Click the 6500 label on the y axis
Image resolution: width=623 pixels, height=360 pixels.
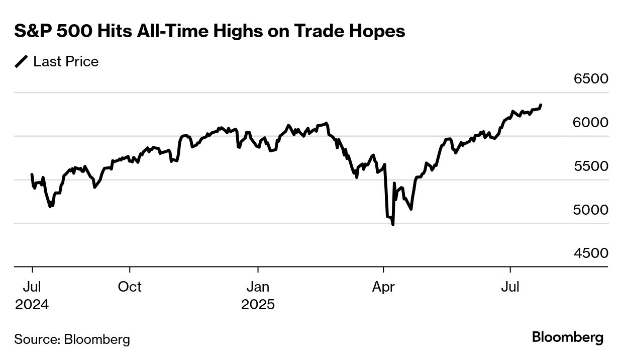point(590,79)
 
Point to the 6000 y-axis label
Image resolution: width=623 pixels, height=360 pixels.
point(590,123)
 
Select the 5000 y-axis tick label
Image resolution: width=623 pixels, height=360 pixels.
point(590,210)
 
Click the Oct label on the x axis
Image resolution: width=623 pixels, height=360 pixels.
point(130,287)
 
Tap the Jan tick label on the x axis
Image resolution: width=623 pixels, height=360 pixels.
point(258,287)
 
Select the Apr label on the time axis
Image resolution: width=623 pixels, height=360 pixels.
point(383,287)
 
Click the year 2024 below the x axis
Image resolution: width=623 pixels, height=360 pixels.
point(32,305)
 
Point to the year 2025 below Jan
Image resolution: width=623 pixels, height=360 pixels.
point(258,305)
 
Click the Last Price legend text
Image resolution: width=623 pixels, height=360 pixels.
point(66,62)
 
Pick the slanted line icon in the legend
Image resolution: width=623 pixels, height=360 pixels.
point(22,62)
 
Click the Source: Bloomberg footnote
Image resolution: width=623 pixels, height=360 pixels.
point(72,339)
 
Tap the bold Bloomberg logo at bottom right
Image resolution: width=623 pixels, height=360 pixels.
point(567,337)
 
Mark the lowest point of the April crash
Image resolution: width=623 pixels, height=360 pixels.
point(392,224)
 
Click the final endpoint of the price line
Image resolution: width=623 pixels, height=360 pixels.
point(541,105)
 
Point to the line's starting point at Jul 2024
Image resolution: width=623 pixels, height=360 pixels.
point(32,174)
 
